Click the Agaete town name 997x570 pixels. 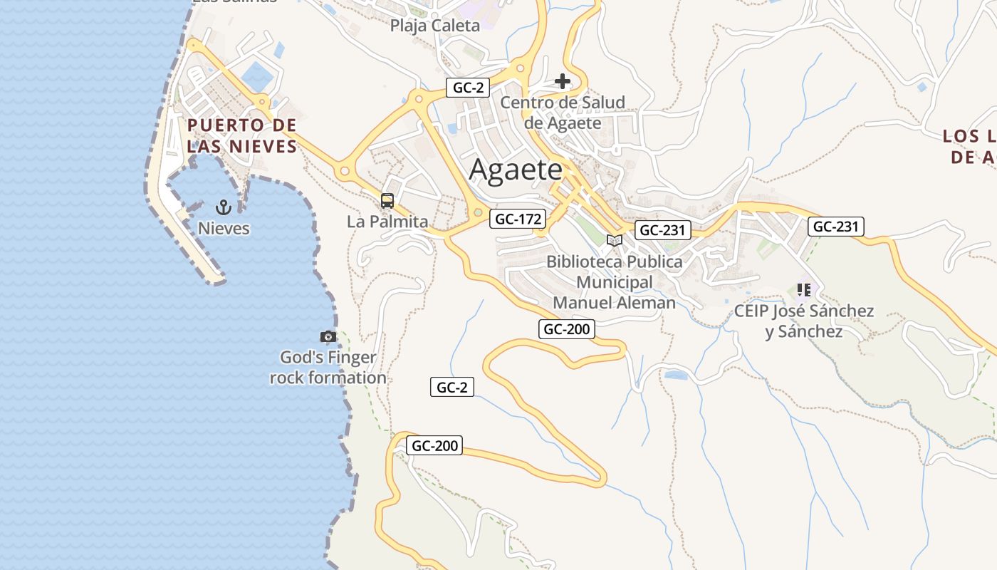click(x=516, y=170)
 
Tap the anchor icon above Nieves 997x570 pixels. click(x=224, y=207)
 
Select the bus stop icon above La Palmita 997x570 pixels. click(x=387, y=201)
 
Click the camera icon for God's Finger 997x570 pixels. click(x=328, y=336)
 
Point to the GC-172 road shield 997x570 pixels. click(x=518, y=219)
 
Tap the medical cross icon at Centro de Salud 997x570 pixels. click(x=563, y=81)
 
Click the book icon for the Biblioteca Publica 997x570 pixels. click(x=614, y=241)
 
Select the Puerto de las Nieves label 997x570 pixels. click(x=242, y=136)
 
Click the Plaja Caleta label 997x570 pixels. click(x=434, y=26)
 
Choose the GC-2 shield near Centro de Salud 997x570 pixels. click(x=469, y=88)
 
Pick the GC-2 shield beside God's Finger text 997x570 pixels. click(x=451, y=387)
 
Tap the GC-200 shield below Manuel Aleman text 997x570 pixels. click(x=566, y=328)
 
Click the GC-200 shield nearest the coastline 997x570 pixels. click(x=435, y=446)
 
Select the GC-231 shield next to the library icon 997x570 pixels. click(x=662, y=229)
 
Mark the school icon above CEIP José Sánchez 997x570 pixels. click(x=804, y=290)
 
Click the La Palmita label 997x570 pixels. click(x=387, y=222)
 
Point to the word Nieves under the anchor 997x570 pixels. click(x=224, y=228)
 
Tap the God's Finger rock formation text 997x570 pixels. click(x=328, y=368)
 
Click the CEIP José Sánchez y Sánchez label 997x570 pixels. click(x=804, y=321)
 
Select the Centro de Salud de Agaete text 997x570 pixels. click(x=563, y=113)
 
